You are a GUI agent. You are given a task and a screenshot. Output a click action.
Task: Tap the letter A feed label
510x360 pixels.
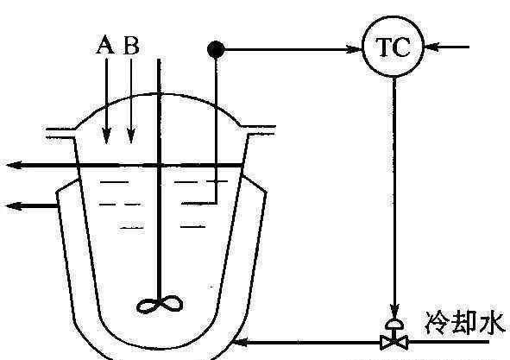[105, 45]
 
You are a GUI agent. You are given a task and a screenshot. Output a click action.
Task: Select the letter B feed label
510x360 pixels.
[131, 45]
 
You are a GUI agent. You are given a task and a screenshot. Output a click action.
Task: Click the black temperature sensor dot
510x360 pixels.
[216, 49]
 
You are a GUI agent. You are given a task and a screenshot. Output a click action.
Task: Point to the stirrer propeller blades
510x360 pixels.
[160, 305]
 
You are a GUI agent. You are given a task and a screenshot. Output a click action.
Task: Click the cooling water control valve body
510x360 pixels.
[394, 343]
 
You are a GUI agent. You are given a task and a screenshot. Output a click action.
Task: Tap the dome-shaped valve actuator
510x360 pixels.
[394, 325]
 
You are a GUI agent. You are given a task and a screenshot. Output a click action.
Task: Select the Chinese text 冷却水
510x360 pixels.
[464, 323]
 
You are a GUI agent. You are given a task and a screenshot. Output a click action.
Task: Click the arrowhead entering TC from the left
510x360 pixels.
[354, 49]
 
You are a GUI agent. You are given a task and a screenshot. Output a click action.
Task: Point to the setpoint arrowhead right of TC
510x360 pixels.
[432, 47]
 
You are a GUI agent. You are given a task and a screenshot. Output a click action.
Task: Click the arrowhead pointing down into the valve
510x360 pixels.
[394, 311]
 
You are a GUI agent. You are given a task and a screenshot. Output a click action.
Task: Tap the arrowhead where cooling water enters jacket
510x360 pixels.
[242, 342]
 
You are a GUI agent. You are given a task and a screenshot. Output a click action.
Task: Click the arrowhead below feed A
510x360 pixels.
[106, 136]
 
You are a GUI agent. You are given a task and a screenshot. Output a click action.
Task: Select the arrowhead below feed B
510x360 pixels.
[131, 136]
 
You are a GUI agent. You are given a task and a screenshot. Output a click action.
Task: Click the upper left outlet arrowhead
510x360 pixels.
[15, 166]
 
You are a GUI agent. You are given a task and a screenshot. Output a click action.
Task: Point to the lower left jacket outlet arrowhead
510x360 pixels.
[15, 205]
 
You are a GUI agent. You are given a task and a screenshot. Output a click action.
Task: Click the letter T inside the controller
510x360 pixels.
[385, 47]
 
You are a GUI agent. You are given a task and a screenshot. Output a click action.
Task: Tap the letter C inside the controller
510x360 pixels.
[402, 47]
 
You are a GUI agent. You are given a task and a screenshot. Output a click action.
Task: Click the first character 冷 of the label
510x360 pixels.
[437, 323]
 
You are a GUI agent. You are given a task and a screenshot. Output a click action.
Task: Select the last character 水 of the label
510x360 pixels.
[492, 323]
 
